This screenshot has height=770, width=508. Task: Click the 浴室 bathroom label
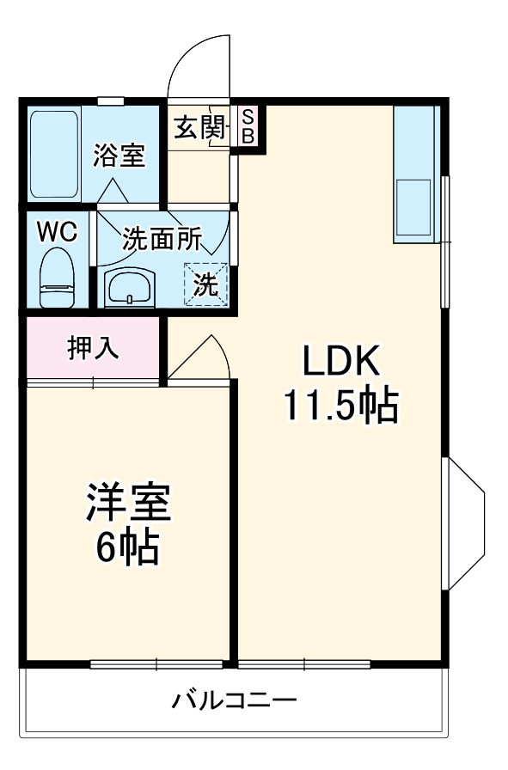pos(119,156)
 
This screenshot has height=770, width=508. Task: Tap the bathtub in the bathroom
pos(54,154)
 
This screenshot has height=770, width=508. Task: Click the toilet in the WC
pos(57,278)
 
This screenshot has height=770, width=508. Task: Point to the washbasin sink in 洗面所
pos(130,287)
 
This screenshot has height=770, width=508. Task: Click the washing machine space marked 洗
pos(205,284)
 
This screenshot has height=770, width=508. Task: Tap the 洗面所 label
pos(162,239)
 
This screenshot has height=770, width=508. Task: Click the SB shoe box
pos(248,125)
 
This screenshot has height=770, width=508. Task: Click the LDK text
pos(340,360)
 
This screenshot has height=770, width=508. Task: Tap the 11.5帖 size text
pos(341,406)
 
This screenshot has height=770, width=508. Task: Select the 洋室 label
pos(128,502)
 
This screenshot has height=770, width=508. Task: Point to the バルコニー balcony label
pos(234,700)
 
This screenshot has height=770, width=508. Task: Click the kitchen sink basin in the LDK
pos(413,207)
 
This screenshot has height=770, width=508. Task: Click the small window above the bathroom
pos(110,101)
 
